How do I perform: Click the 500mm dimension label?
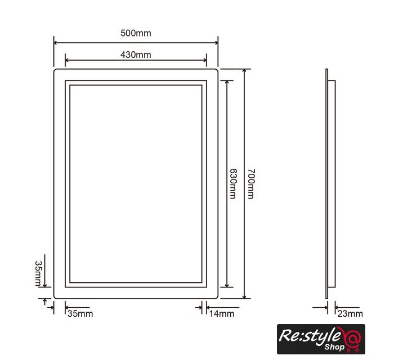click(136, 33)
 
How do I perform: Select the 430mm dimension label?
click(136, 55)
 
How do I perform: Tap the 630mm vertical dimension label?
click(233, 183)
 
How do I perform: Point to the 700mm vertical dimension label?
click(251, 184)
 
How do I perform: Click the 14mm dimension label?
click(222, 313)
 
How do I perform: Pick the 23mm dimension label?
click(350, 313)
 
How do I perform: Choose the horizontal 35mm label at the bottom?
click(80, 313)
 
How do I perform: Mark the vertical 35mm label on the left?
click(38, 273)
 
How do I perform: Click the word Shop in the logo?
click(334, 347)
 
